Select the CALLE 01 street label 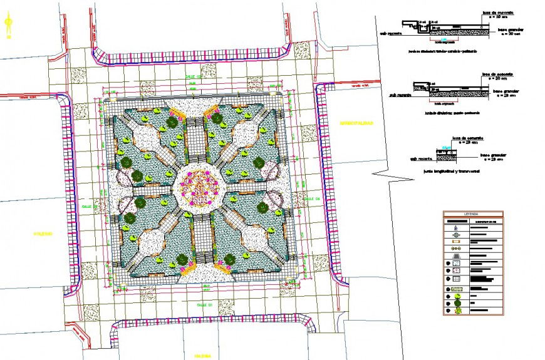click(207, 304)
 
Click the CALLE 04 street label click(313, 199)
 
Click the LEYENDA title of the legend click(471, 214)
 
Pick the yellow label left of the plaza click(40, 234)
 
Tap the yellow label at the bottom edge click(200, 356)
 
